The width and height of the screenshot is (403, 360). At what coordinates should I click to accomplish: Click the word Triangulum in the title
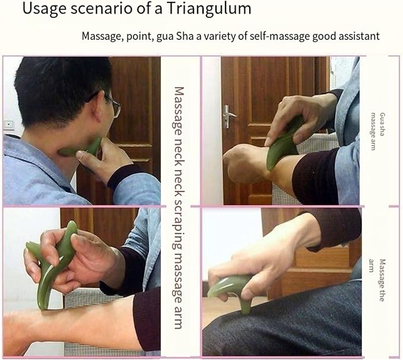coord(209,9)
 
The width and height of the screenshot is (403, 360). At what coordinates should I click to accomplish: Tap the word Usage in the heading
coord(45,9)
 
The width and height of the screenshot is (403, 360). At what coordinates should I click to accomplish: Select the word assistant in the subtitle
coord(359,36)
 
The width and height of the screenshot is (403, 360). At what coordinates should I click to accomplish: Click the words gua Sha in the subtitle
coord(174,36)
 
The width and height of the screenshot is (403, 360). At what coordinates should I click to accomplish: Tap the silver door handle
coord(229,116)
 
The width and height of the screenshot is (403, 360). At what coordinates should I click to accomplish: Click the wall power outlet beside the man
coord(9,125)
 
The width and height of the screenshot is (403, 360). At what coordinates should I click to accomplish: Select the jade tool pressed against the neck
coord(81,149)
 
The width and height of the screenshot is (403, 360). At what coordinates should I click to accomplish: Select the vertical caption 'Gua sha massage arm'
coord(378,131)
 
